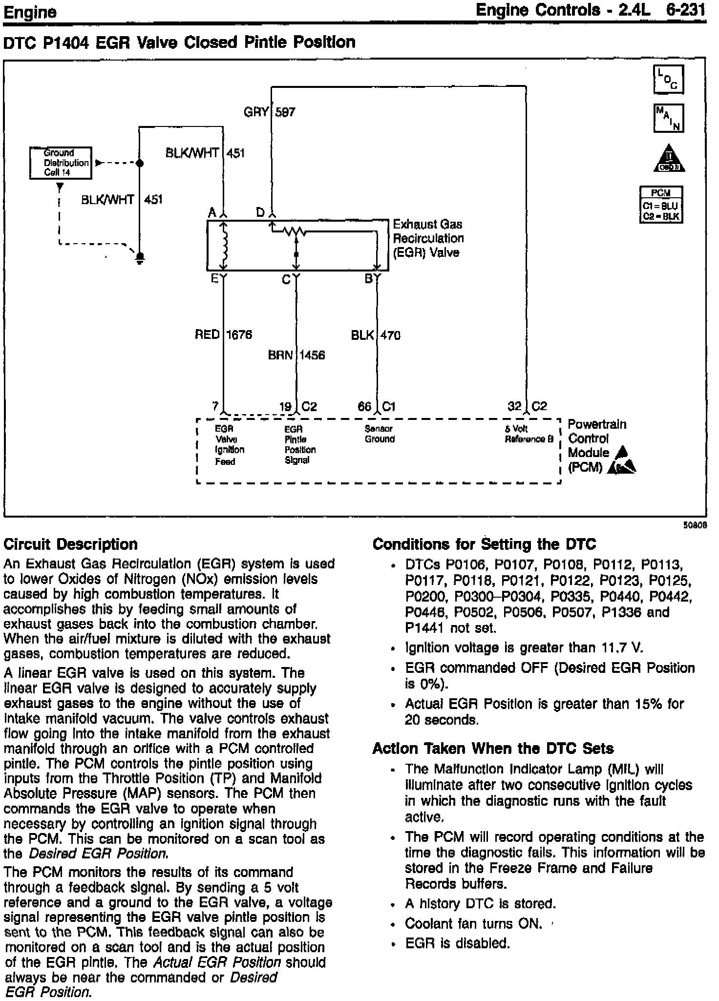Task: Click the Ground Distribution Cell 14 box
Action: tap(60, 163)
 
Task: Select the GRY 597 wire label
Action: tap(269, 112)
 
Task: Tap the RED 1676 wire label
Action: tap(223, 335)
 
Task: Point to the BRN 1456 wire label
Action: tap(296, 355)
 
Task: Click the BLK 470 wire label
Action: tap(376, 335)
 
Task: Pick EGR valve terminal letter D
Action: tap(261, 212)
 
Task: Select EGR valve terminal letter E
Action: tap(214, 279)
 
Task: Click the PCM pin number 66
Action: tap(364, 406)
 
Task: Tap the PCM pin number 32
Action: tap(514, 406)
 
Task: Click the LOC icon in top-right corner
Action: tap(668, 80)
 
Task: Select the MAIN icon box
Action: tap(668, 118)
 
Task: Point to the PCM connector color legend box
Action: tap(661, 205)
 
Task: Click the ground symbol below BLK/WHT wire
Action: tap(140, 257)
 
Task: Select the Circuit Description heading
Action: tap(70, 544)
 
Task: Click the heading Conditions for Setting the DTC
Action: tap(484, 544)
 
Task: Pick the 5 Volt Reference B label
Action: tap(529, 434)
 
